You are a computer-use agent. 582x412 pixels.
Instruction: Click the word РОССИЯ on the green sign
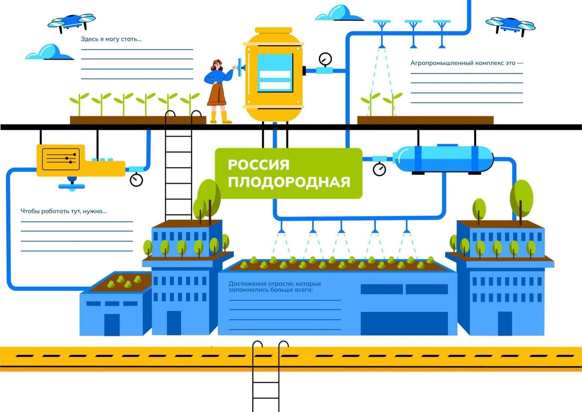click(258, 164)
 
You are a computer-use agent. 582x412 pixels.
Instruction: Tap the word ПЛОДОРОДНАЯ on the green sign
click(289, 182)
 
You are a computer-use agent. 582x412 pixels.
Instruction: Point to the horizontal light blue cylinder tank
click(443, 158)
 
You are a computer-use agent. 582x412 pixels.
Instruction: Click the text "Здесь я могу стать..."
click(111, 39)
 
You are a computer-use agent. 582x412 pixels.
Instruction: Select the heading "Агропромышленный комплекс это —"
click(467, 63)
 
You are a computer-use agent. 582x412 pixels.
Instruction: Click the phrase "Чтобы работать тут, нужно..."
click(64, 211)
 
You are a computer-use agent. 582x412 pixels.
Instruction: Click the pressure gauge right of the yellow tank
click(325, 59)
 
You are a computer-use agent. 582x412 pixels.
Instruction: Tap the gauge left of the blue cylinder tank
click(379, 169)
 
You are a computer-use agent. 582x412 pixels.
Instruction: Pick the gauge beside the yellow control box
click(136, 180)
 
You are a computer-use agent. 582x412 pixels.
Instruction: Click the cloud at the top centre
click(339, 13)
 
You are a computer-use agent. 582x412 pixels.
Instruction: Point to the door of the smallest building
click(112, 324)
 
